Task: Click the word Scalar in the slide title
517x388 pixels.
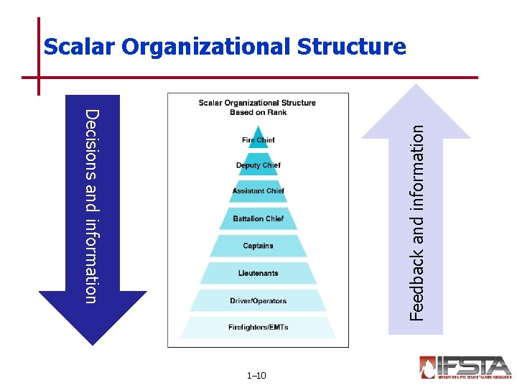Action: point(79,47)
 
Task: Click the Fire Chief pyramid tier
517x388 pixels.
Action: point(258,139)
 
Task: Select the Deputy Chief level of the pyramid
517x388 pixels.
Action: point(258,165)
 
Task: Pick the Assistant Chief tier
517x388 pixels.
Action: point(258,191)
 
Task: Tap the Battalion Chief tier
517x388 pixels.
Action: point(258,218)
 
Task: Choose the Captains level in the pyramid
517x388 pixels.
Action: point(258,246)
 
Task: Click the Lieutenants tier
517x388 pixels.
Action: point(258,273)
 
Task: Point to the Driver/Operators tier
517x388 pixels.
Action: point(258,301)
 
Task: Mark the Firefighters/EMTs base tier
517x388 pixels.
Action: point(258,328)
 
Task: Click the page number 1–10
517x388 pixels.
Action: point(256,376)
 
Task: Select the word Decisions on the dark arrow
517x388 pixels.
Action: point(91,141)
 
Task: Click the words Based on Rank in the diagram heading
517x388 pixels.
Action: point(258,112)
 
